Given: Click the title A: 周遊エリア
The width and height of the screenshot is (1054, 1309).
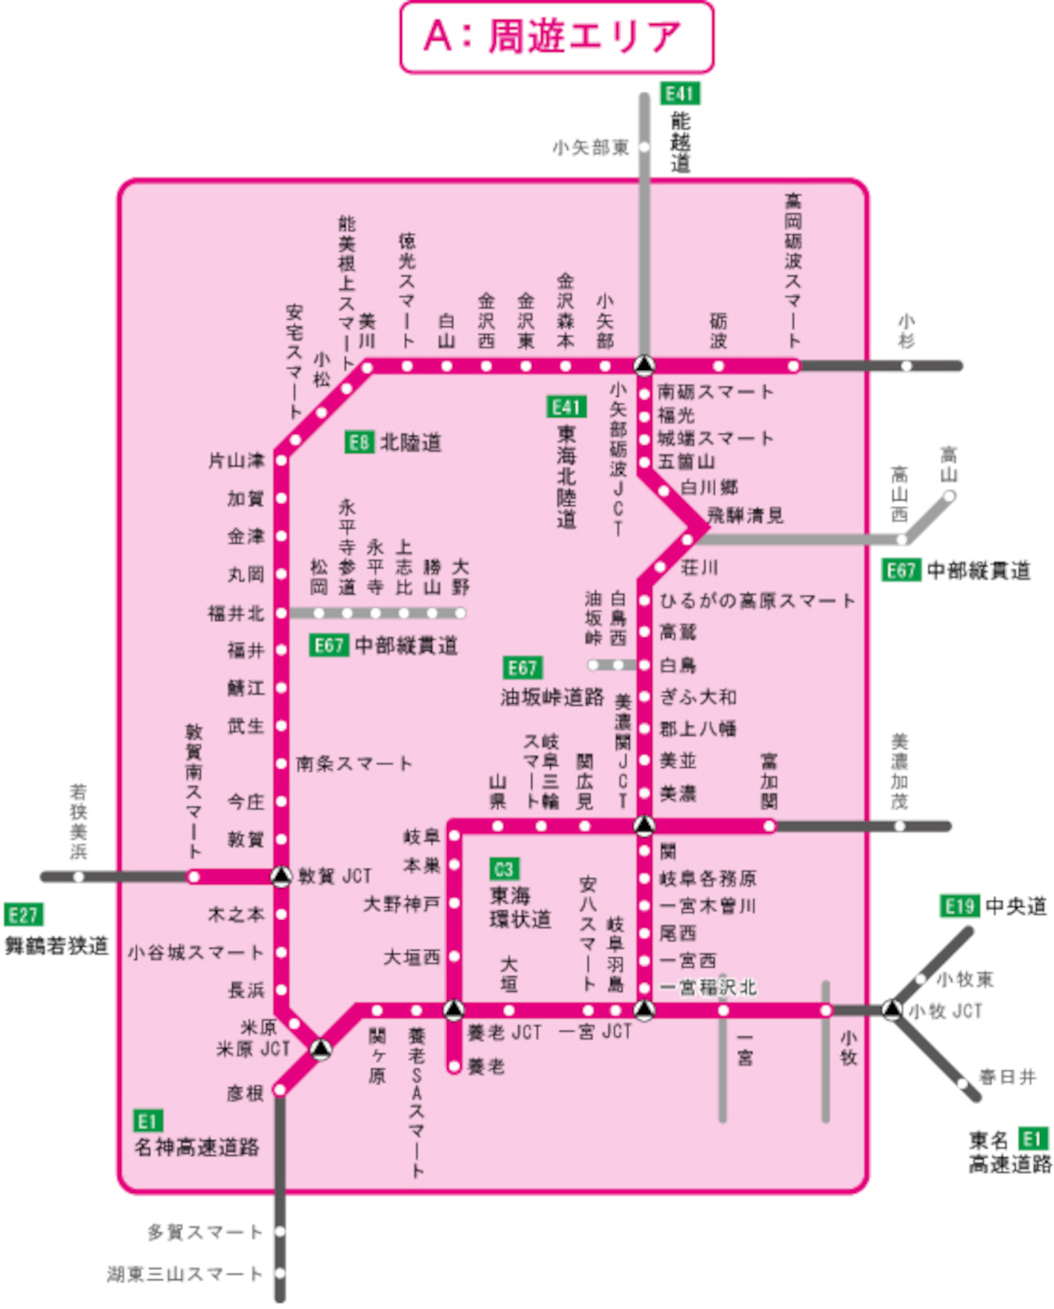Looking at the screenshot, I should pos(556,37).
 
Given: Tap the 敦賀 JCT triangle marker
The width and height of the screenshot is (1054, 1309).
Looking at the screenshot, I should pos(282,876).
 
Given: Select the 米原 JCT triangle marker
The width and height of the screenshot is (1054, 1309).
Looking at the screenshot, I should pos(321,1049).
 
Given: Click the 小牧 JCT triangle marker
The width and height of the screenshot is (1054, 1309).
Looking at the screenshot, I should pos(891,1009).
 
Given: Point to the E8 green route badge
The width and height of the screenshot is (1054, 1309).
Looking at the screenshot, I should pos(358,442).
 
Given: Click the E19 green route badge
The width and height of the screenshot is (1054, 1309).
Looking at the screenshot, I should pos(959,906).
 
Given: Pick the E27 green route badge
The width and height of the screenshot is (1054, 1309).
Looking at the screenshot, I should pos(23,914).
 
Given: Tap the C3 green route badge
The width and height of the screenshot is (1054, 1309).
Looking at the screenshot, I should pos(503,869).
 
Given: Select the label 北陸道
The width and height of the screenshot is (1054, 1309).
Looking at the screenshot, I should pos(411,442).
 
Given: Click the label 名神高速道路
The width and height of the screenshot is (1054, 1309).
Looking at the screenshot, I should pos(197,1147).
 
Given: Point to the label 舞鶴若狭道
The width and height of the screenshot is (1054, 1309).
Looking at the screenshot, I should pos(57,946).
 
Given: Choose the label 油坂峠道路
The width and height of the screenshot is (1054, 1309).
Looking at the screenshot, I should pos(553,697).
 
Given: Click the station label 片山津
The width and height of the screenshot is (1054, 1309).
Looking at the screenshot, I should pos(236,460).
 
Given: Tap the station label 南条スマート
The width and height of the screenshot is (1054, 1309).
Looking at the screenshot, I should pos(354,764).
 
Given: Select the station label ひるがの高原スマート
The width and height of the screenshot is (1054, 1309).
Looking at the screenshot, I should pos(758,601).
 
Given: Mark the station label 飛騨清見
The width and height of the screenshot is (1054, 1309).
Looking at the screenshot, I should pos(746,516).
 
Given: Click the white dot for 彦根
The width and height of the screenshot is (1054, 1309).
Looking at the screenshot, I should pos(280,1090).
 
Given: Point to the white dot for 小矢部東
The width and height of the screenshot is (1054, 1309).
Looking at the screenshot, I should pos(644,147).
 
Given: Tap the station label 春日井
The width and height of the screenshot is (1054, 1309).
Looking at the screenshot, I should pos(1007,1077).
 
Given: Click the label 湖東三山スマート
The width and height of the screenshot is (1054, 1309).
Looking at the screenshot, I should pos(184,1274).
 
